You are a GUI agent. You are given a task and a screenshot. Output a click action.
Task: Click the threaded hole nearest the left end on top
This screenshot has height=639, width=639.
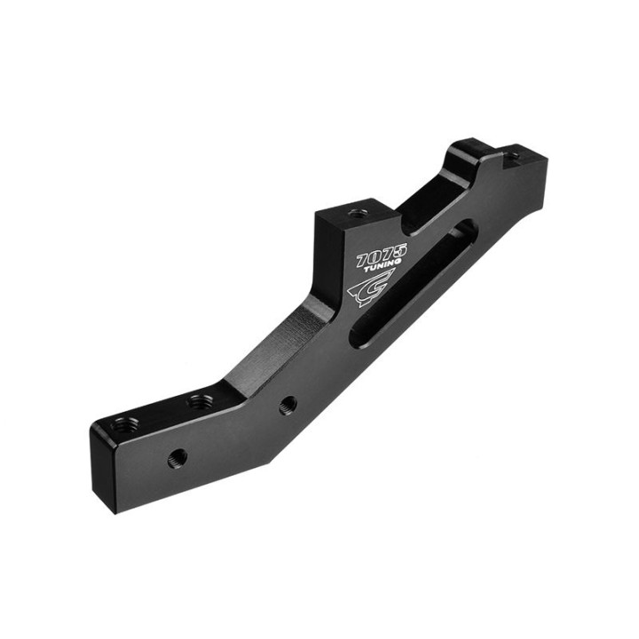[124, 425]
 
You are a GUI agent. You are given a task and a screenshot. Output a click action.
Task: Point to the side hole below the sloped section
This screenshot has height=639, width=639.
[288, 405]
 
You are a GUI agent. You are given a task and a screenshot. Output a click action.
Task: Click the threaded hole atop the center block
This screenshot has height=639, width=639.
[358, 212]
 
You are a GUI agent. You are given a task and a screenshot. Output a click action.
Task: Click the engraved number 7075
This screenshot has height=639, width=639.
[382, 254]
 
